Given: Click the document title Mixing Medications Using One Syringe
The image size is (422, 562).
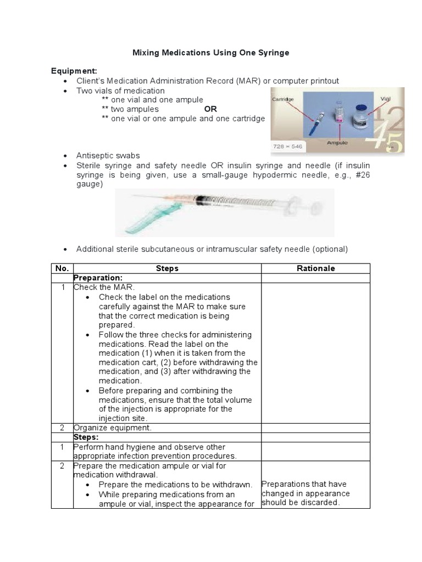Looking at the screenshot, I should tap(211, 53).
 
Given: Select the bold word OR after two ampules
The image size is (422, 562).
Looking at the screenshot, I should tap(210, 109).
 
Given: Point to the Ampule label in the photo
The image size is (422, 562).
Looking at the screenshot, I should tap(338, 142).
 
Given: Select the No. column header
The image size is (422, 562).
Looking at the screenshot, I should tap(62, 268).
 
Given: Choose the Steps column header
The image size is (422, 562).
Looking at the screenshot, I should tap(167, 268).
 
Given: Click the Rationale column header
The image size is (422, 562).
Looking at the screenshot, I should tap(316, 268).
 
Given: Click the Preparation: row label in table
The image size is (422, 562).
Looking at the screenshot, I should tap(97, 278).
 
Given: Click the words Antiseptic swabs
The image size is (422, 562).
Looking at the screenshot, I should tap(108, 155).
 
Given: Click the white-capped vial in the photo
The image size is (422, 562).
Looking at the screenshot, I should tap(361, 118).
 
